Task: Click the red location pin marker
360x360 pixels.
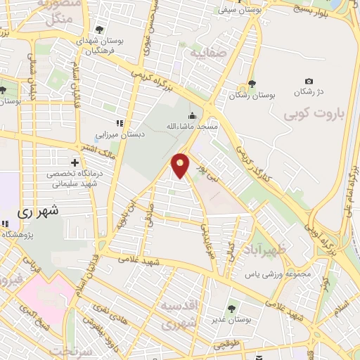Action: click(181, 165)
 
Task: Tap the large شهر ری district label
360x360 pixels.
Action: click(35, 210)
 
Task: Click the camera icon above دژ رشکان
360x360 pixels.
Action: click(308, 82)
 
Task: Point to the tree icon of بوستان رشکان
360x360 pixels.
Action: click(252, 83)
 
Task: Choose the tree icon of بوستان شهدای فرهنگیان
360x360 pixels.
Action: click(99, 30)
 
